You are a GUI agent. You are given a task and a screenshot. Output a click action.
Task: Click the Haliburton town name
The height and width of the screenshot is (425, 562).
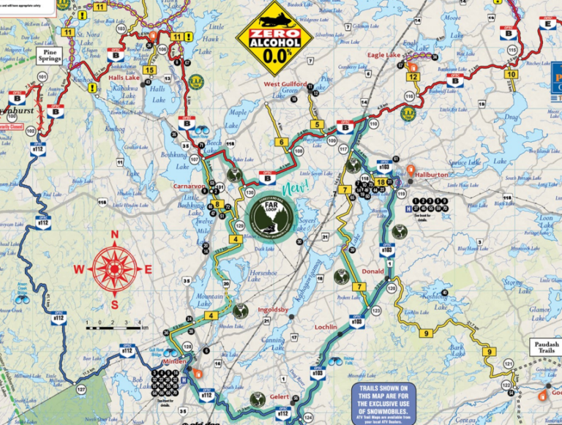430,176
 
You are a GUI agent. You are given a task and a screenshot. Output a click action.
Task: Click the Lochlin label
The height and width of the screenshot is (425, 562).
325,326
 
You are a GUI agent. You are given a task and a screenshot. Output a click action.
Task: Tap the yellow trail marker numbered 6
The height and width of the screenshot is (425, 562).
281,142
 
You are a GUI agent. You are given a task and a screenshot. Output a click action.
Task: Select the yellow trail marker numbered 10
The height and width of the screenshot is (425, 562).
511,75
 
